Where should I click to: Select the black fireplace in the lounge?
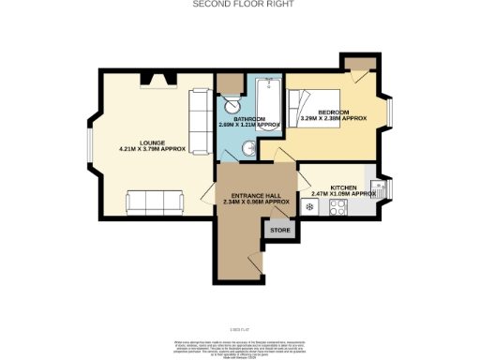151,79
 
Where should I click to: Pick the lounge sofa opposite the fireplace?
156,200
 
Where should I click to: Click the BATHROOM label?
249,119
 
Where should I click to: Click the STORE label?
278,228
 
